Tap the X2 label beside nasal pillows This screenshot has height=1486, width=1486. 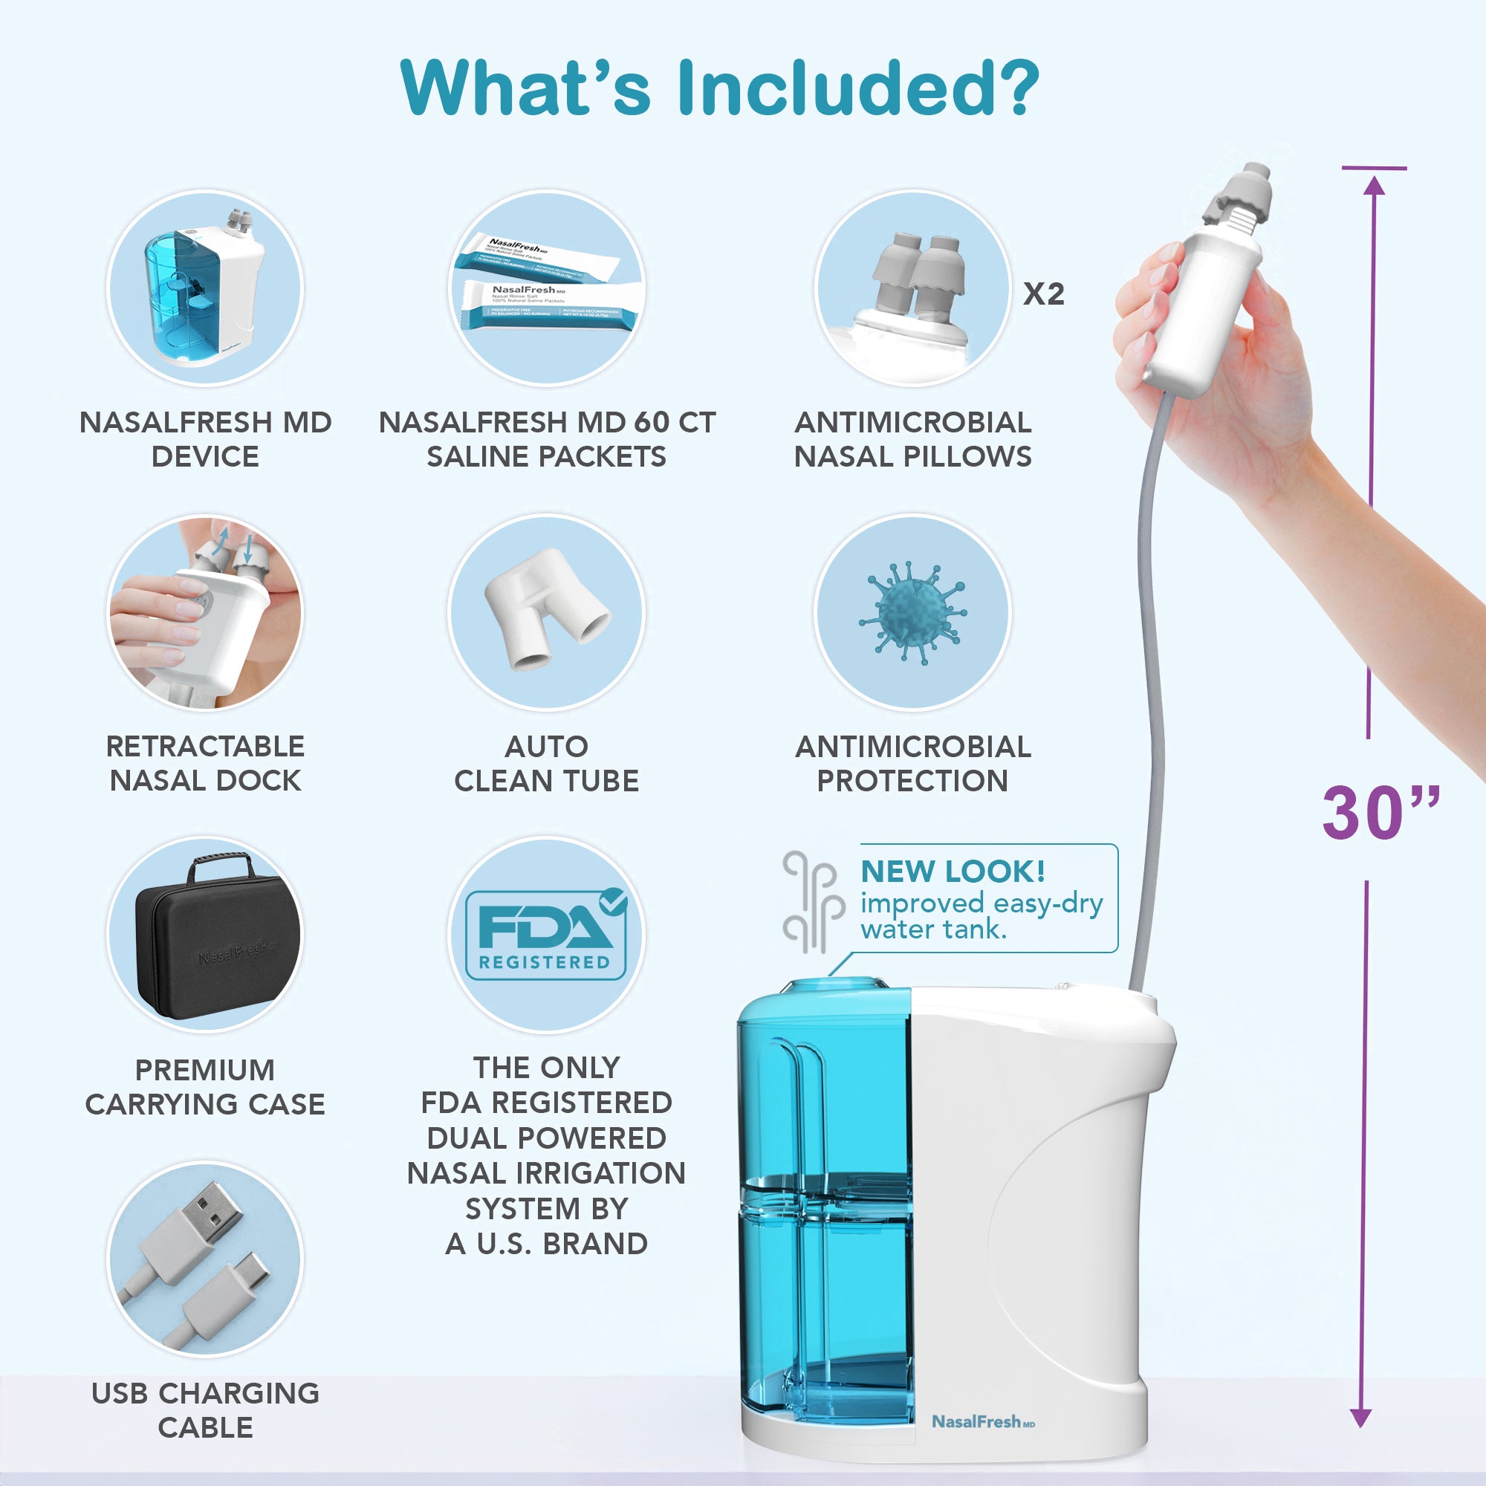[1043, 293]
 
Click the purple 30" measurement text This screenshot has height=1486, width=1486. [1380, 812]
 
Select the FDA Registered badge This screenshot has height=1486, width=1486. [546, 935]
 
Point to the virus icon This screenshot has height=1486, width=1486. [913, 612]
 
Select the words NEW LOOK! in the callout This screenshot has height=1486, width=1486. [953, 872]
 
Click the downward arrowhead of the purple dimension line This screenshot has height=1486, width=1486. [1360, 1418]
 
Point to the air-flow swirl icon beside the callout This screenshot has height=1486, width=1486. [810, 901]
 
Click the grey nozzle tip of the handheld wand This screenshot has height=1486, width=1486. [1240, 192]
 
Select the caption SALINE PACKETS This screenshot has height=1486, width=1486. [546, 457]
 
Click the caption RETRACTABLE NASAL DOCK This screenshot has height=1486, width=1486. [205, 763]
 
